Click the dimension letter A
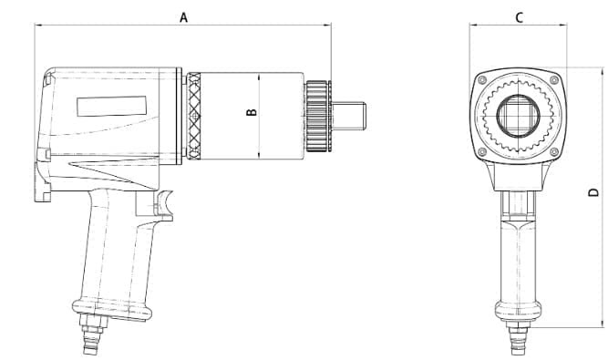pyautogui.click(x=184, y=17)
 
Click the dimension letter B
pyautogui.click(x=252, y=112)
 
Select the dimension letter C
pyautogui.click(x=520, y=17)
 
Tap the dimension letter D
pyautogui.click(x=594, y=192)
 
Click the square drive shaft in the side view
pyautogui.click(x=348, y=116)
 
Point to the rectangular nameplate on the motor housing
pyautogui.click(x=112, y=106)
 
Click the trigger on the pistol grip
pyautogui.click(x=164, y=204)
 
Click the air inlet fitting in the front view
pyautogui.click(x=518, y=340)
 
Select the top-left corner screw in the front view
pyautogui.click(x=482, y=80)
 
